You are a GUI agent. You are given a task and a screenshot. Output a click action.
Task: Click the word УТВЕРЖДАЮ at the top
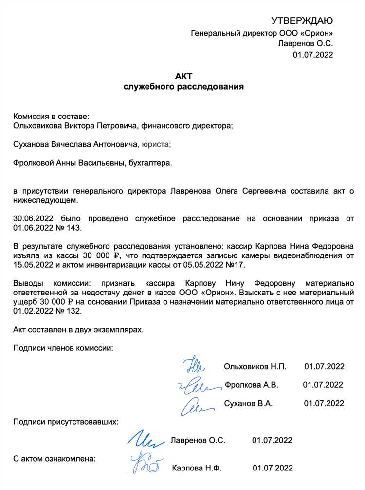tap(302, 20)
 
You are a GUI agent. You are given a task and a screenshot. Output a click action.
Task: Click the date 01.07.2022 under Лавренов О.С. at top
tap(312, 55)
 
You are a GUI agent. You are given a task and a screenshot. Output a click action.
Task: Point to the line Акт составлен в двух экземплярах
tap(78, 330)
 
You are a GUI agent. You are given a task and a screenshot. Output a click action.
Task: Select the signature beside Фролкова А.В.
tap(195, 385)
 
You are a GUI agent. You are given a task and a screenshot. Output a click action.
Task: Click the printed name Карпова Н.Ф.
tap(197, 468)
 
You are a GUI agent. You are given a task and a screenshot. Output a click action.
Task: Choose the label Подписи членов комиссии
tap(63, 348)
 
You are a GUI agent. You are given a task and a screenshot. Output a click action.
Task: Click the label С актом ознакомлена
tap(55, 459)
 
